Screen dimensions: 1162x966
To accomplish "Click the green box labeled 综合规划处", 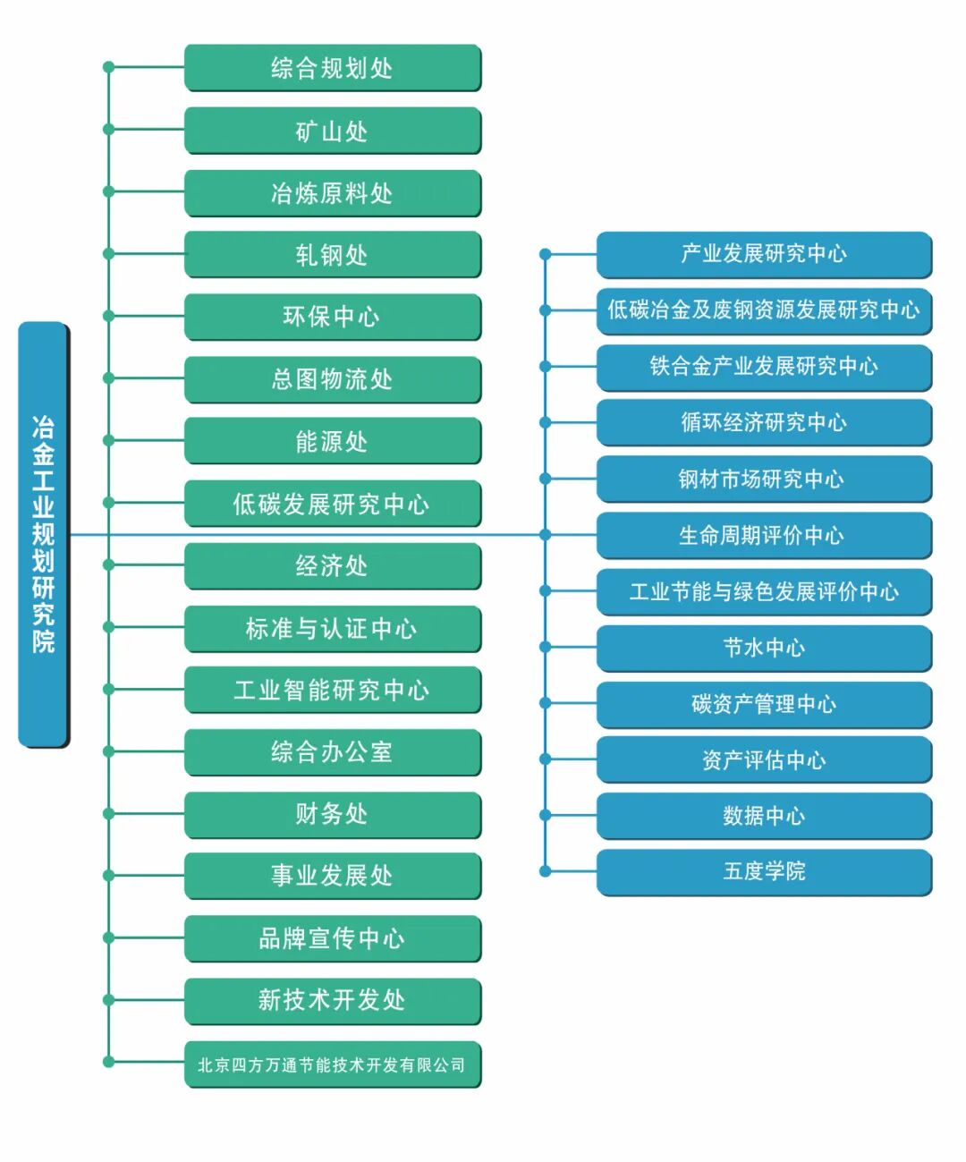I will (333, 68).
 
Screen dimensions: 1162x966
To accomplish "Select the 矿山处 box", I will (333, 131).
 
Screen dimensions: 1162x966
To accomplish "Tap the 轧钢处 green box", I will (333, 255).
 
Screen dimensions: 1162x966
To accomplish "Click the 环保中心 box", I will (333, 317).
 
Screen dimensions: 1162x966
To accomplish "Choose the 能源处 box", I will (333, 441).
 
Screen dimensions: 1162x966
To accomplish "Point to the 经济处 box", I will (333, 565).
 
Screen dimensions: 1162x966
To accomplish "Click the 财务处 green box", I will (333, 814).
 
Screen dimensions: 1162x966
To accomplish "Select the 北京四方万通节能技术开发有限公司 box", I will (333, 1064).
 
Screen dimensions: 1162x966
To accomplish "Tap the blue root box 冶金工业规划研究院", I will (43, 534).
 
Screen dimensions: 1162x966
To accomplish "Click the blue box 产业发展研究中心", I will (764, 254).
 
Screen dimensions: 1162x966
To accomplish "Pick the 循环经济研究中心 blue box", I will (764, 422).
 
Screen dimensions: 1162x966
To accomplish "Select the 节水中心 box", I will (764, 648).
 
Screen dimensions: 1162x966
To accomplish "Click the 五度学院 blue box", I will (764, 871).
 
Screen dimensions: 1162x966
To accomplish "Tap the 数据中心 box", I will (764, 816).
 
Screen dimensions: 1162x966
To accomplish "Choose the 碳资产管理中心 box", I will (764, 704).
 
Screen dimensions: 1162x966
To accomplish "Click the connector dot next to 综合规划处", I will (108, 67).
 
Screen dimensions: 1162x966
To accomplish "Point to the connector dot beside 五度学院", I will (545, 871).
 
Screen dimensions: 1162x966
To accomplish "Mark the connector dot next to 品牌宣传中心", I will (108, 937).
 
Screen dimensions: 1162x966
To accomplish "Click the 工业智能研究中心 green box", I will (333, 690).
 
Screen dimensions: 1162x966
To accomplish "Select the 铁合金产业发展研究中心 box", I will (764, 366).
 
